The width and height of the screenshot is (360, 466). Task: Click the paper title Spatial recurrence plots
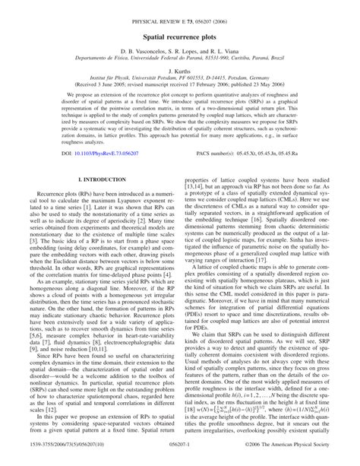179,36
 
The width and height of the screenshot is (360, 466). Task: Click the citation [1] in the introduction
92,228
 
